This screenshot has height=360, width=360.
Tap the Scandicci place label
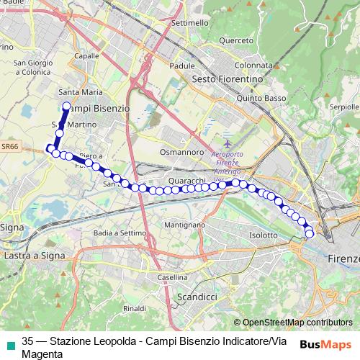197,297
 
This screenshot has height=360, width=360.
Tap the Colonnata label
251,64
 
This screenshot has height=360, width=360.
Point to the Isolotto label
263,235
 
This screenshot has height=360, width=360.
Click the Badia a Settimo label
120,233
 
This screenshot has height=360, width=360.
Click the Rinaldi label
135,308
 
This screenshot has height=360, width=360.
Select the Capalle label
86,55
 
